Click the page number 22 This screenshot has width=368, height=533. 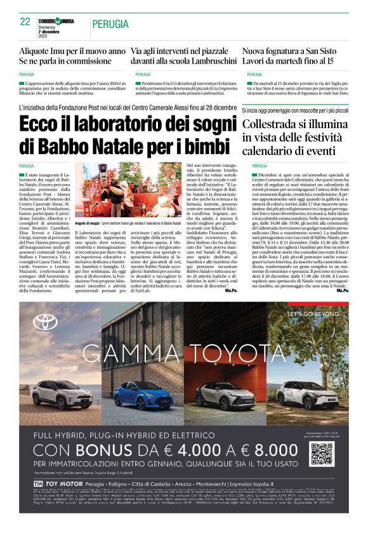click(25, 22)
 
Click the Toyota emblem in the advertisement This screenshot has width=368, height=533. click(46, 322)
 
